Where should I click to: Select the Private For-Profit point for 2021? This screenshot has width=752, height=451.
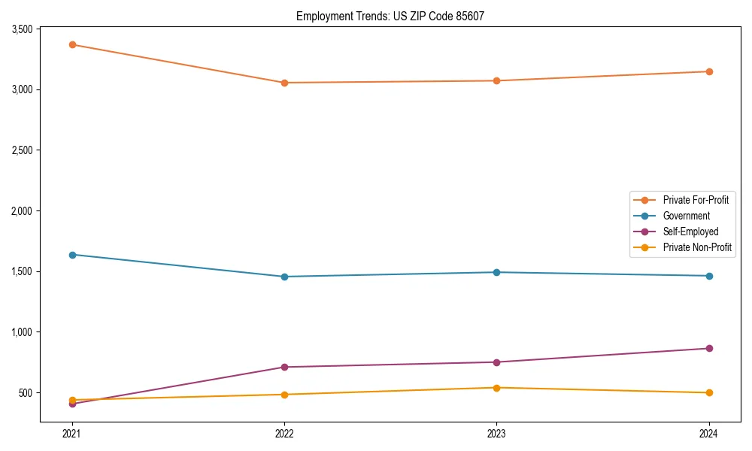(x=72, y=44)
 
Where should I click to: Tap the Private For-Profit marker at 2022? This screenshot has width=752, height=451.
(x=284, y=83)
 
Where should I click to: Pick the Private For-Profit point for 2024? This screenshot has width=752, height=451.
(x=709, y=71)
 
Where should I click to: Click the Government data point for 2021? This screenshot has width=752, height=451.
(x=72, y=255)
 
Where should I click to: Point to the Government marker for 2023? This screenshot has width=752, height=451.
(x=496, y=272)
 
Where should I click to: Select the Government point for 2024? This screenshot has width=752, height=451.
(x=709, y=276)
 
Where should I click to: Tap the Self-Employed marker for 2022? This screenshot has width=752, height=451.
(x=284, y=367)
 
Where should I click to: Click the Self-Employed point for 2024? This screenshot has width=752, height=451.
(x=709, y=348)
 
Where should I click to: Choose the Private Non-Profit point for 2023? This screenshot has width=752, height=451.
(x=496, y=388)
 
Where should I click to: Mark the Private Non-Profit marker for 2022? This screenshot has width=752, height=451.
(x=284, y=395)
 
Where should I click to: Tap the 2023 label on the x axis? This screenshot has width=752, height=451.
(x=496, y=433)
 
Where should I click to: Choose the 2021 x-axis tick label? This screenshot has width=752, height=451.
(x=72, y=433)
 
